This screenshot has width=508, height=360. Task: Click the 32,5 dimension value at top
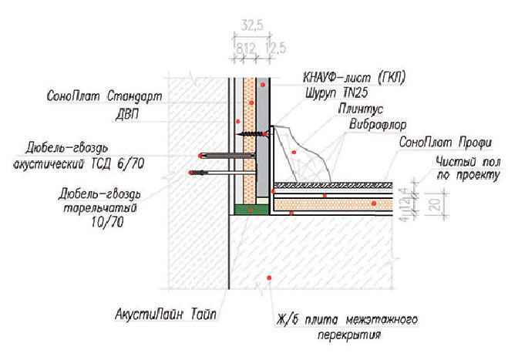coord(252,25)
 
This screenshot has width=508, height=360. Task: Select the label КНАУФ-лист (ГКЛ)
coord(354,77)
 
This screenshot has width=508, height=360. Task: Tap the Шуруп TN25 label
coord(337,93)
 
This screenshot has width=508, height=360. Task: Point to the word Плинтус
coord(360,109)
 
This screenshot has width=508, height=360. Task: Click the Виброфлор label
coord(378,124)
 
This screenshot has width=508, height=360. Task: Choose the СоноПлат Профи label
coord(445,143)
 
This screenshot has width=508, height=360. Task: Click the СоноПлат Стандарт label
coord(104,96)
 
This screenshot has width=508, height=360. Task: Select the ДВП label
coord(127,115)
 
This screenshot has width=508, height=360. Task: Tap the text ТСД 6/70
coord(116,164)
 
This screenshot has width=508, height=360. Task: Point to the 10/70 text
coord(107,222)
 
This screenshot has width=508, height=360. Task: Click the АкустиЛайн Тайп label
coord(166,314)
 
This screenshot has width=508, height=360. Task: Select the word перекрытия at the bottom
coord(349,335)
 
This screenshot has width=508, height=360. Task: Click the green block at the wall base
coord(251,210)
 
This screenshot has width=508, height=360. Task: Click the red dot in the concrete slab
coord(268,278)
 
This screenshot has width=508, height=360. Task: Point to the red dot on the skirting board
coord(294,152)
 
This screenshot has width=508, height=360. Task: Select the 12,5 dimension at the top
coord(276,49)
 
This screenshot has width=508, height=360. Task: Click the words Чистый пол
coord(468,161)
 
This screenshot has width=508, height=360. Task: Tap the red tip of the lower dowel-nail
coord(190,173)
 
